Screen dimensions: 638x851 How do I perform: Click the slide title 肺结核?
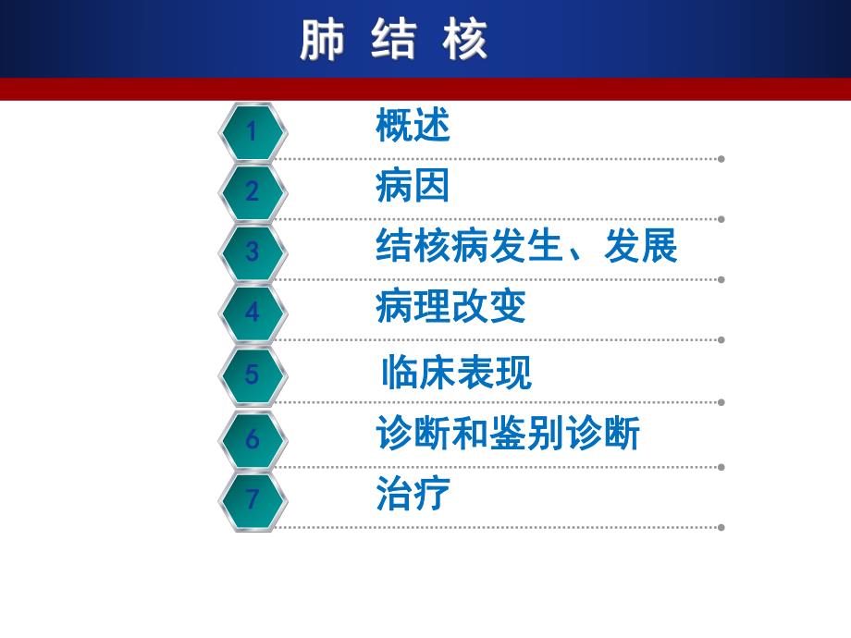394,41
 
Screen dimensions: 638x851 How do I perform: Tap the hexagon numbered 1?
253,132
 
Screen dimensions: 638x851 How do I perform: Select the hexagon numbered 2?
253,192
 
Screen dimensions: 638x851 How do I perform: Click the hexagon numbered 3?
253,252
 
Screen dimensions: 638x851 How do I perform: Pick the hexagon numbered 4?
253,313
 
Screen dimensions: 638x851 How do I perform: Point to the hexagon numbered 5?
253,375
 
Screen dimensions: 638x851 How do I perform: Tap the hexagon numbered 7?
253,500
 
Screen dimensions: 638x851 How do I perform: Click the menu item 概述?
413,126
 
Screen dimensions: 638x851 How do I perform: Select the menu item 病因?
413,186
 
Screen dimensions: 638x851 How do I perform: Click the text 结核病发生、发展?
526,247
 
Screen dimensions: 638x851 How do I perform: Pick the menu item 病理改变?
450,307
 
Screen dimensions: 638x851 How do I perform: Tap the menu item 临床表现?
456,373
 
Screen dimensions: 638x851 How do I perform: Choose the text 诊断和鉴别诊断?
508,434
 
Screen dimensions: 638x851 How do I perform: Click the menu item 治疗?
413,494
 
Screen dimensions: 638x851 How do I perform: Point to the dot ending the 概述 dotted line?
721,159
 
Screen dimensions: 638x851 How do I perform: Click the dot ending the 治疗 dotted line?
721,528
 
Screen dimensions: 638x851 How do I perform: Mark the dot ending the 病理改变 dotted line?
721,339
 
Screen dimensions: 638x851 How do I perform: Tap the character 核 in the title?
464,41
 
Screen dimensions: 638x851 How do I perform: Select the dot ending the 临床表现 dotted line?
721,402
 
